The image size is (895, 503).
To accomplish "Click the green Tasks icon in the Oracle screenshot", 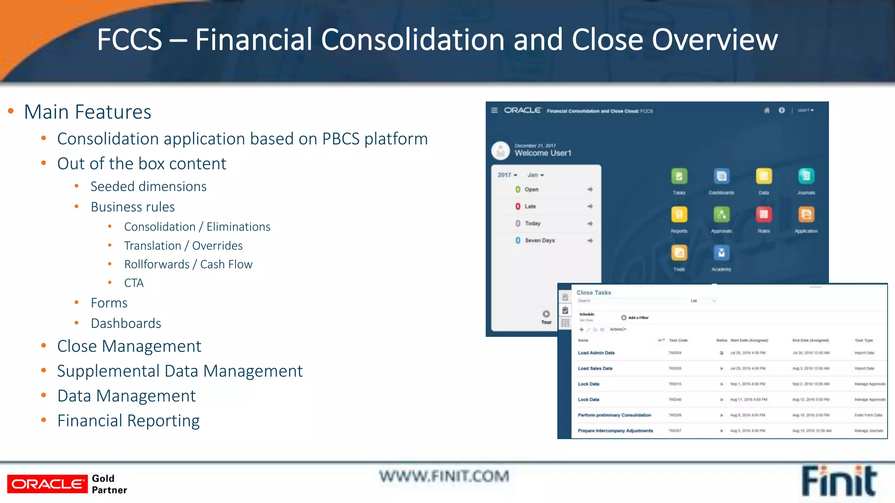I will pyautogui.click(x=679, y=176).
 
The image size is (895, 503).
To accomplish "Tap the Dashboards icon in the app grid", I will pyautogui.click(x=722, y=176).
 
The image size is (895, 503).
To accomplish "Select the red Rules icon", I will pyautogui.click(x=763, y=214).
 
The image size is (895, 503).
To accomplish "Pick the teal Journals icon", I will pyautogui.click(x=806, y=176).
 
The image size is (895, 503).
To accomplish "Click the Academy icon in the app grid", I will pyautogui.click(x=721, y=253).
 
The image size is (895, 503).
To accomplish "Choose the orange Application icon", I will pyautogui.click(x=806, y=214).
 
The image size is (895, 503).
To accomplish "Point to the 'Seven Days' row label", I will pyautogui.click(x=540, y=241).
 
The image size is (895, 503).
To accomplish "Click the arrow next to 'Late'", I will pyautogui.click(x=590, y=206).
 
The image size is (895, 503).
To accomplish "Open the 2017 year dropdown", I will pyautogui.click(x=507, y=175).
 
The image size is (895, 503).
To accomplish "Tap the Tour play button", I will pyautogui.click(x=546, y=314).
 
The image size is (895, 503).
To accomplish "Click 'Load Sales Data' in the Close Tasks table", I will pyautogui.click(x=595, y=369).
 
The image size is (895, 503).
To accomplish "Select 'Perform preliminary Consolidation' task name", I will pyautogui.click(x=614, y=415).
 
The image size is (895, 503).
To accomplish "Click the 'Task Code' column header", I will pyautogui.click(x=678, y=341).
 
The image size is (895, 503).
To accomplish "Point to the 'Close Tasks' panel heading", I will pyautogui.click(x=594, y=293).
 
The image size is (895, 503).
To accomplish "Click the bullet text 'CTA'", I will pyautogui.click(x=134, y=283).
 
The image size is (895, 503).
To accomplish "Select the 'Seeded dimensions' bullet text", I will pyautogui.click(x=149, y=186).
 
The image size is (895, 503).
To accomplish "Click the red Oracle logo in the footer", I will pyautogui.click(x=47, y=484).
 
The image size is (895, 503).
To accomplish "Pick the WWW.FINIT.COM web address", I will pyautogui.click(x=444, y=476).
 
